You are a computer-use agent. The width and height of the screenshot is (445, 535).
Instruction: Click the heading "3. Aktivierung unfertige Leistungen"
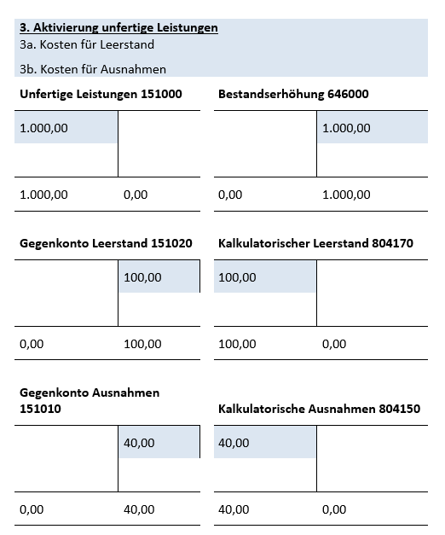(x=118, y=27)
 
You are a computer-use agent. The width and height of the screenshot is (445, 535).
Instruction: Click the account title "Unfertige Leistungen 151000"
(x=101, y=94)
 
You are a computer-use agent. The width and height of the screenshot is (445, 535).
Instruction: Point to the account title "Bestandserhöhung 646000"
(x=293, y=94)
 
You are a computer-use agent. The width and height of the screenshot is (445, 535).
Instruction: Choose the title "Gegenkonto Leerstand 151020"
(x=106, y=243)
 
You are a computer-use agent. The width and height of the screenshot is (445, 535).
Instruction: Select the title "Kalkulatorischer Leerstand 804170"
(x=315, y=243)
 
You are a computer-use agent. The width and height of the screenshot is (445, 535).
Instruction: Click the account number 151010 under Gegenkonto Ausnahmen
(x=40, y=409)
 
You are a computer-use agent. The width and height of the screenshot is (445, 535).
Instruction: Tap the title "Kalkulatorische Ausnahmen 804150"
(x=319, y=409)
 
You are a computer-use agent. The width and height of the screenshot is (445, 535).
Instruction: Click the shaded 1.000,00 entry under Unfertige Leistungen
(x=43, y=128)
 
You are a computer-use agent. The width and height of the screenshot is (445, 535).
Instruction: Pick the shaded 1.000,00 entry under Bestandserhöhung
(x=346, y=128)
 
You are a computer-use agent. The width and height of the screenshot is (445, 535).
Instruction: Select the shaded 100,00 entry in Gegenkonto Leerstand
(x=142, y=277)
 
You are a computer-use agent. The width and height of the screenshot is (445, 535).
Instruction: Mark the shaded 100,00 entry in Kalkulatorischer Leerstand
(x=237, y=277)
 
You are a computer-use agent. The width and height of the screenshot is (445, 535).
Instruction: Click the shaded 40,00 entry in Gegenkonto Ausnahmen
(x=139, y=443)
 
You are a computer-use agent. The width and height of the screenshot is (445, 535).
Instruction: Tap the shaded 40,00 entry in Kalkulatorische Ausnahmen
(x=234, y=443)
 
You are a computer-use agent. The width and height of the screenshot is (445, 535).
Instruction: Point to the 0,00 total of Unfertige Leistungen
(x=136, y=195)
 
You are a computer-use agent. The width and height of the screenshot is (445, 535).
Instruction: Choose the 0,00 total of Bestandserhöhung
(x=230, y=195)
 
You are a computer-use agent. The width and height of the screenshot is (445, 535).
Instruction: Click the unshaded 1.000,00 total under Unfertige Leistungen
(x=43, y=195)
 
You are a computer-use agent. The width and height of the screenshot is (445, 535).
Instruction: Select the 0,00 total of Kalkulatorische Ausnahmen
(x=334, y=509)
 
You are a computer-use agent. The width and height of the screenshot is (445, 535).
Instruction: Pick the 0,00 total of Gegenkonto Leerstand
(x=32, y=344)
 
